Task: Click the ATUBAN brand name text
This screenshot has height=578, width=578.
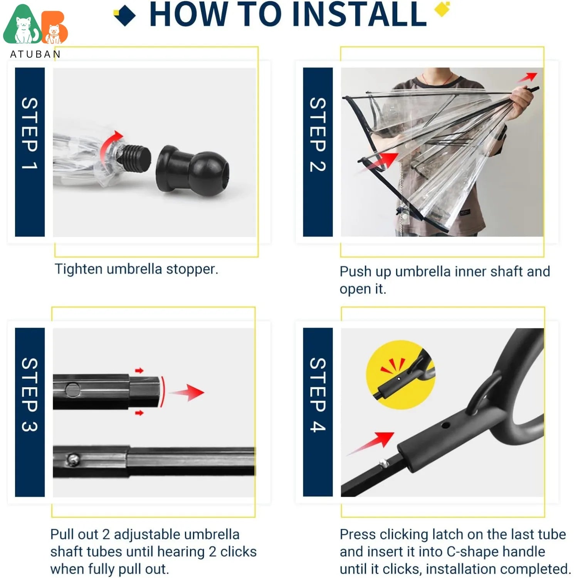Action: tap(35, 54)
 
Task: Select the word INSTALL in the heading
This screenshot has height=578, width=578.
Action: tap(360, 14)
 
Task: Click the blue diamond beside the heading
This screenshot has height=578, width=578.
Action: tap(125, 15)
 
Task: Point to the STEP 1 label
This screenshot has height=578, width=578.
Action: tap(30, 133)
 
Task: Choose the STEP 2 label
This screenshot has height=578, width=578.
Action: tap(318, 134)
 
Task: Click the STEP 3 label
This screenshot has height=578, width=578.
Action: tap(30, 395)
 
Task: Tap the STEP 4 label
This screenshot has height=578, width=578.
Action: tap(318, 395)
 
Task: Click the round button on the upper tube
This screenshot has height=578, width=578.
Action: tap(72, 390)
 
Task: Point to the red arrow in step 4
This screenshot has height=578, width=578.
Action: tap(371, 444)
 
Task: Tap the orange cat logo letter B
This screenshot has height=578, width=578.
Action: tap(55, 28)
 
